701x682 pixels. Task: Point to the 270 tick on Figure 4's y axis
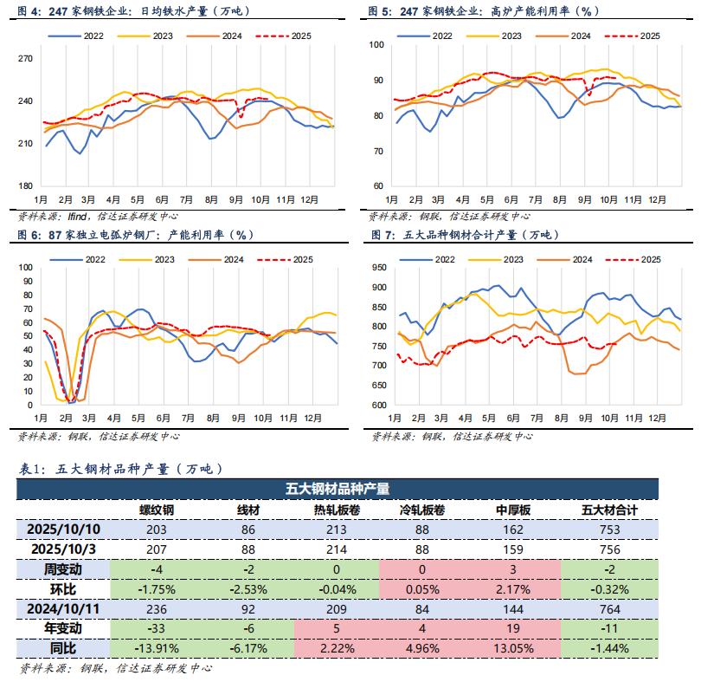pos(25,58)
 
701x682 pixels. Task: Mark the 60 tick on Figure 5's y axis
pos(378,186)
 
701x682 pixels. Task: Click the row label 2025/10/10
pos(64,529)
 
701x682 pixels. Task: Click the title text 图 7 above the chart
pos(382,236)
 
